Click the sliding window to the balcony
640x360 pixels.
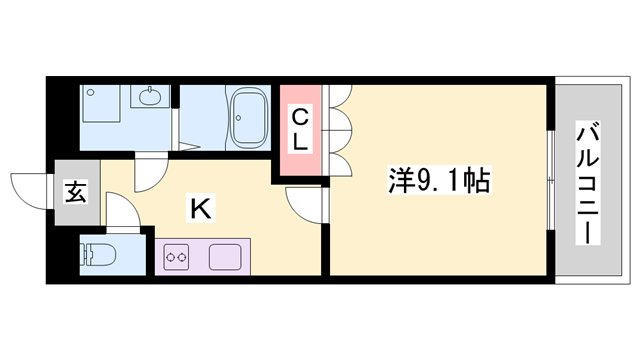pyautogui.click(x=551, y=180)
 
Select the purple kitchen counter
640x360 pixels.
pyautogui.click(x=204, y=257)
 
